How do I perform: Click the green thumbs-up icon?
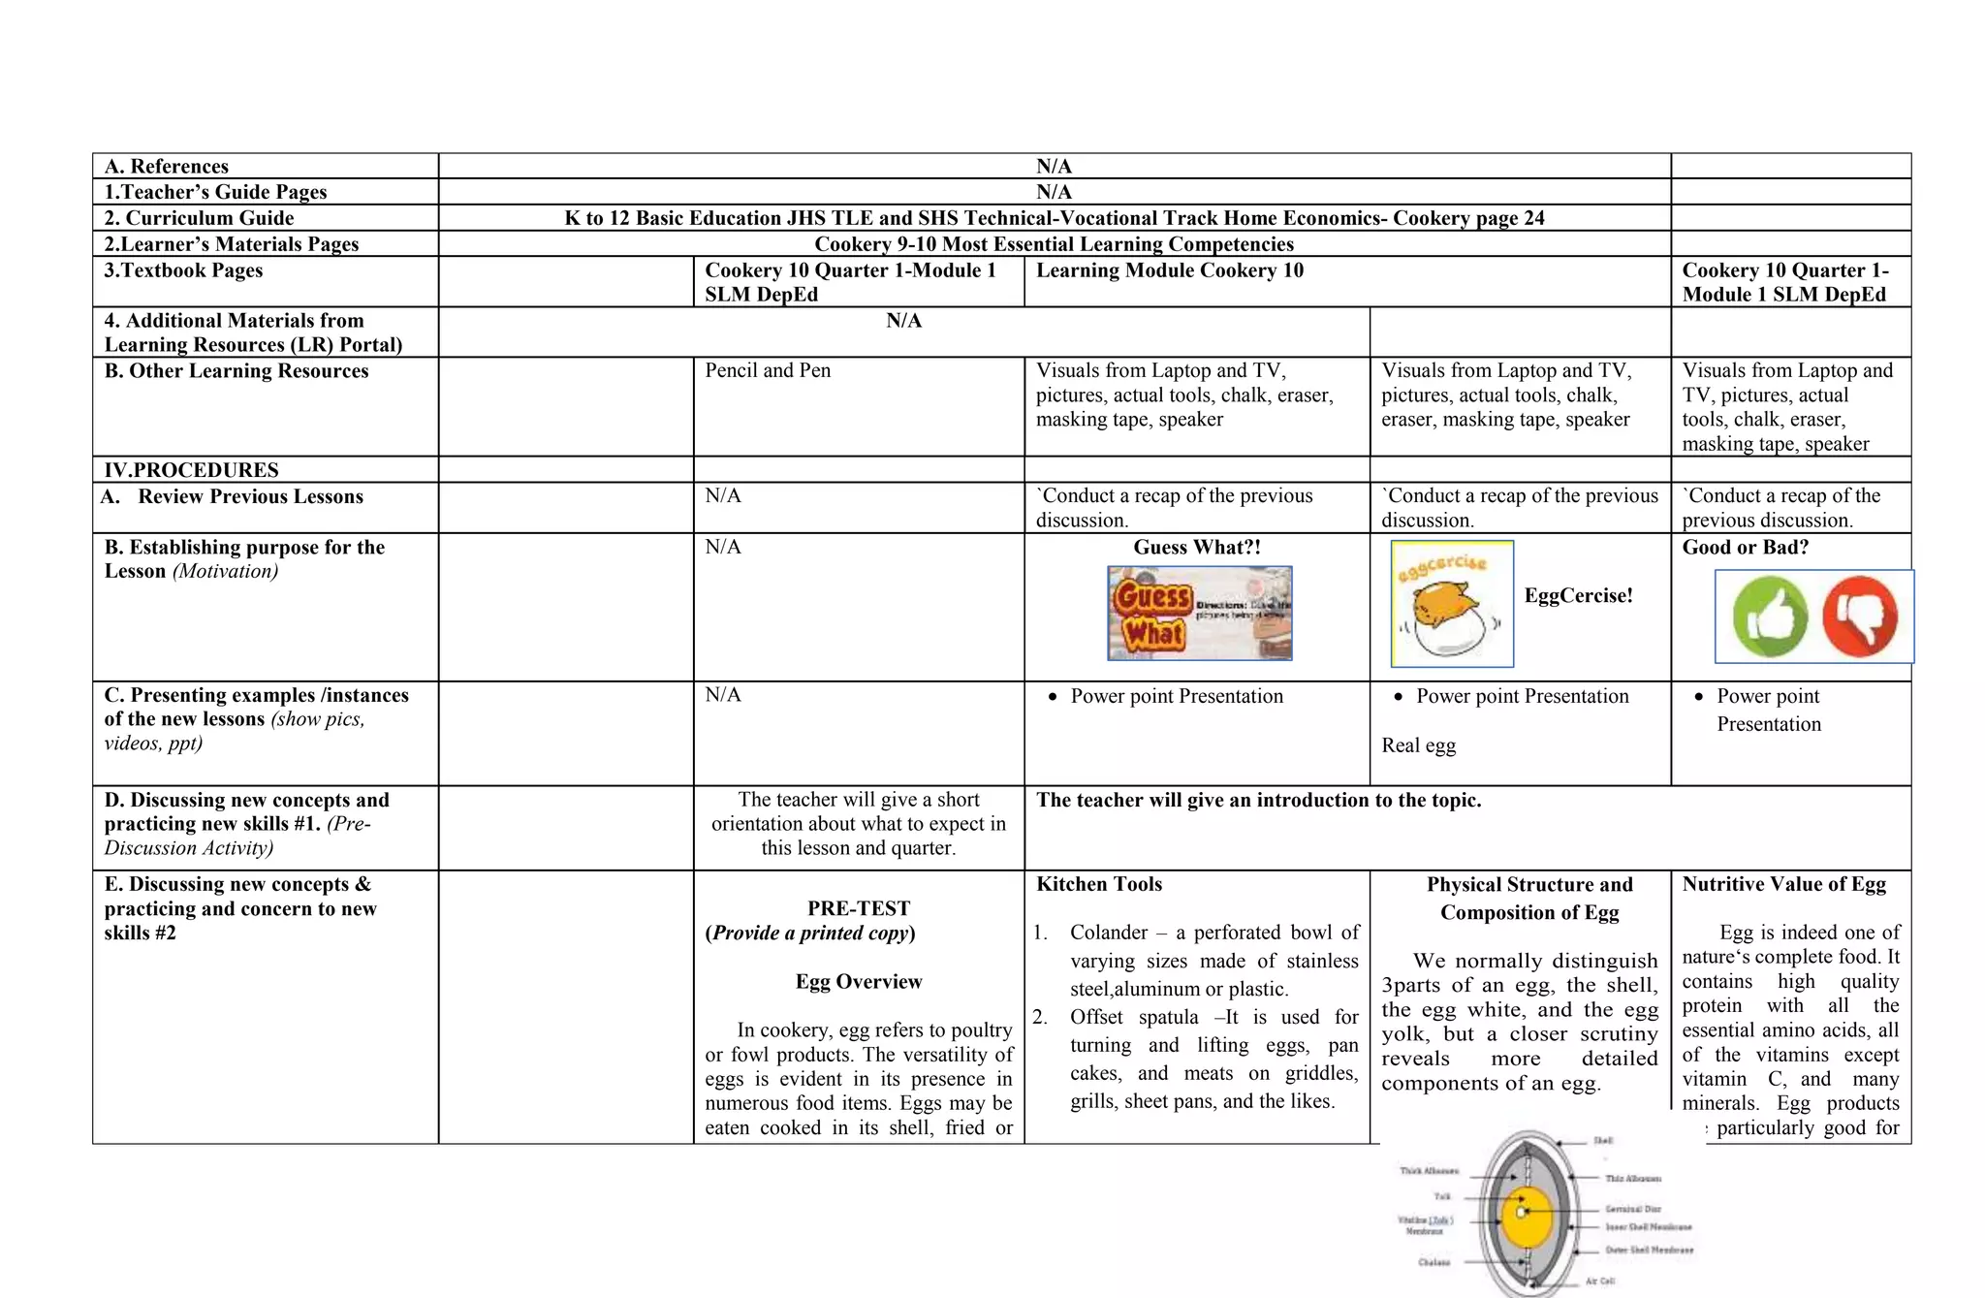1770,617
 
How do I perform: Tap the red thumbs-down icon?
1859,617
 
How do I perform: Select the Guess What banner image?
1199,614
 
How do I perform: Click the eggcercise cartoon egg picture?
1451,604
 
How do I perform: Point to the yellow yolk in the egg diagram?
1528,1216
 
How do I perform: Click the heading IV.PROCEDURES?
192,470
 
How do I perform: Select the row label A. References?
167,166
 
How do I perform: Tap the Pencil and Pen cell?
768,370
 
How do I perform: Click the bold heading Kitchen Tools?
1099,884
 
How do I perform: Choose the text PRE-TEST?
859,908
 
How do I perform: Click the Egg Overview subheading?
859,981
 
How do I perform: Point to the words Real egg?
1418,745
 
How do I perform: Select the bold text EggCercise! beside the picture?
1578,595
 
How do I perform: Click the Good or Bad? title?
1745,547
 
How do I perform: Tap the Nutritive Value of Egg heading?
1783,884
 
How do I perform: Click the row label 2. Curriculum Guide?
199,218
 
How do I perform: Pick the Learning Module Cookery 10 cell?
1170,270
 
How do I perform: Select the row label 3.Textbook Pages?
183,270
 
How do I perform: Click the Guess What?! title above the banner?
1197,547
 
